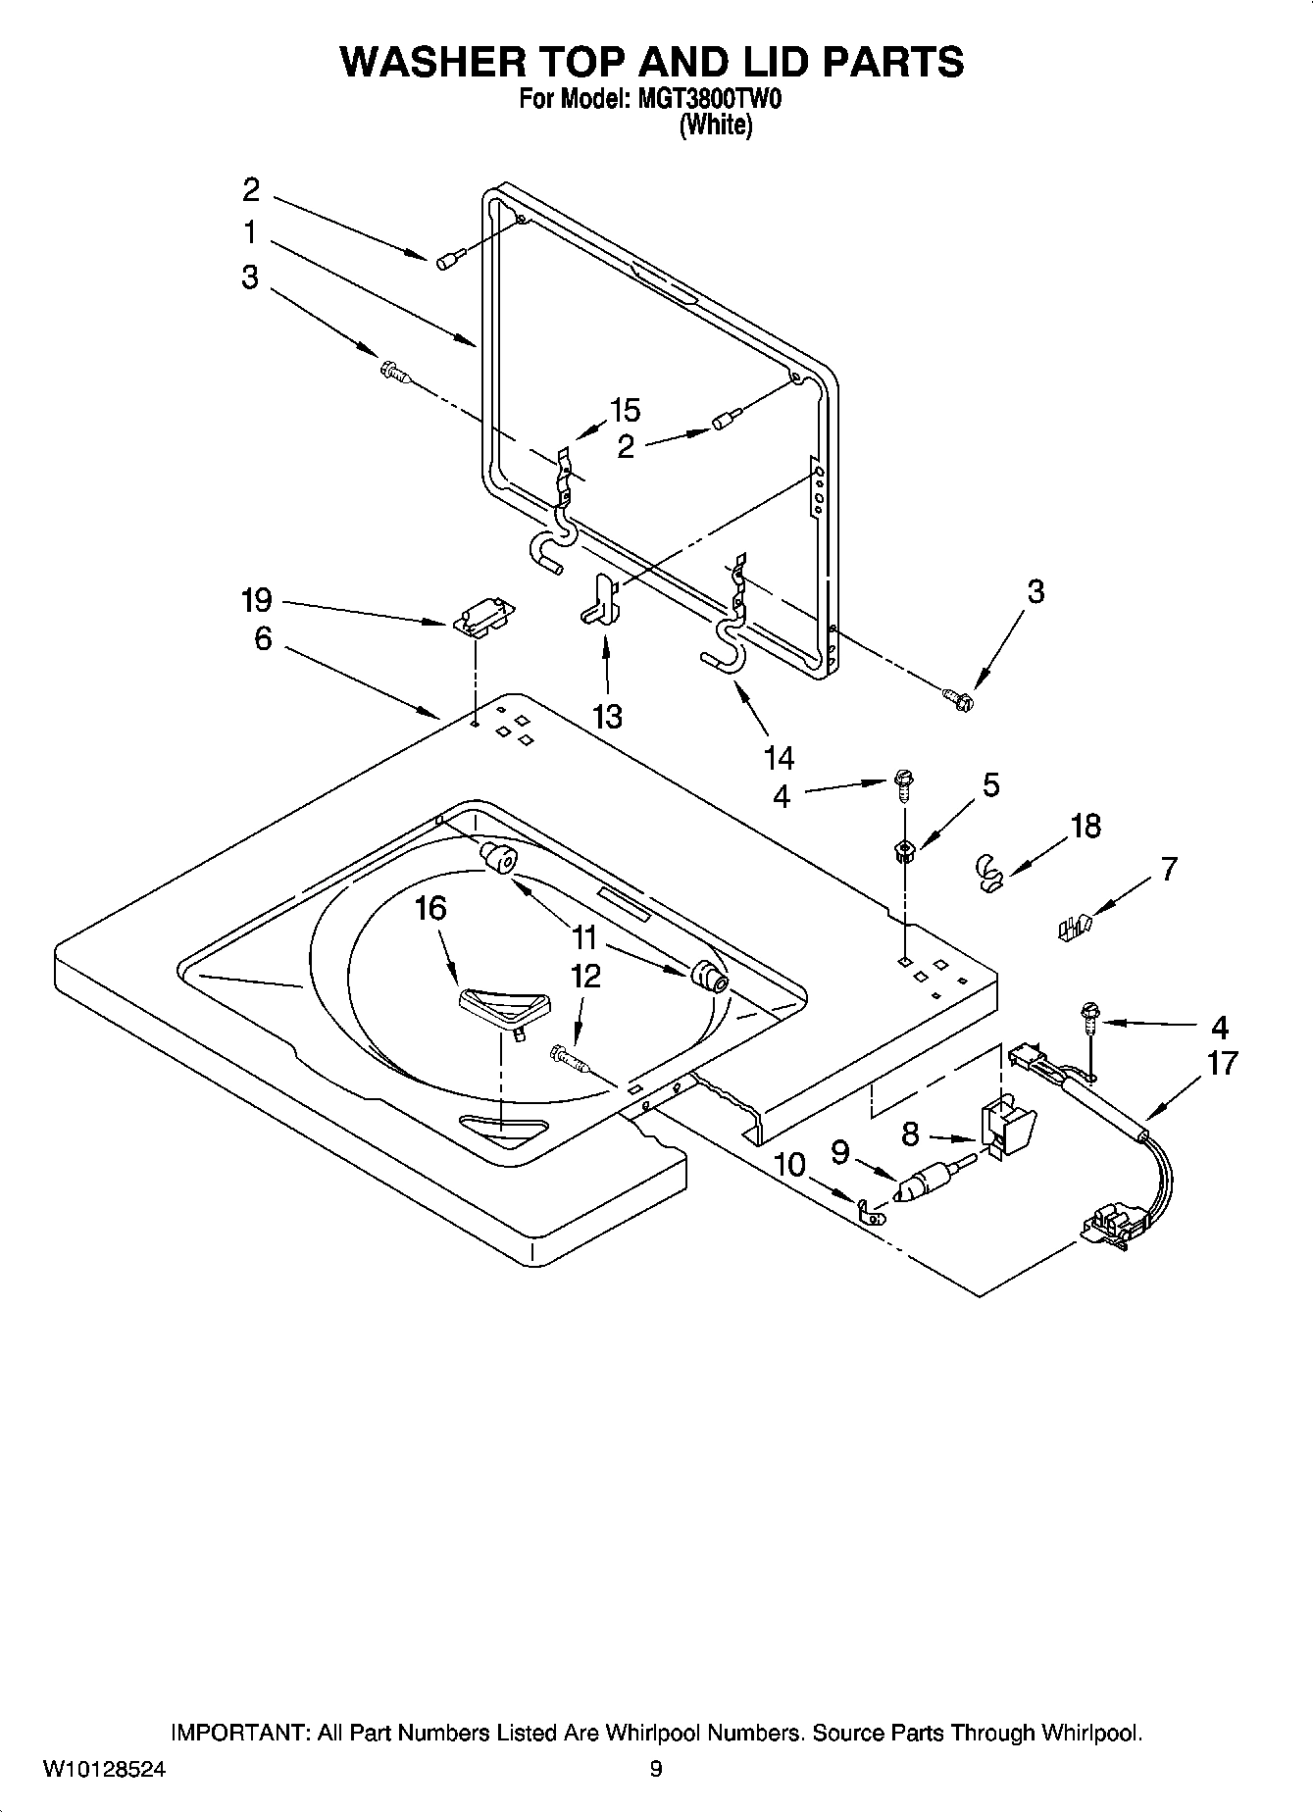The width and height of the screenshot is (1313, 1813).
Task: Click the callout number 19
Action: tap(256, 600)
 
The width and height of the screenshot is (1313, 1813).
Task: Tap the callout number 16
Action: tap(430, 909)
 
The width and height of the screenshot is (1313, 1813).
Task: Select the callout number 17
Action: tap(1222, 1063)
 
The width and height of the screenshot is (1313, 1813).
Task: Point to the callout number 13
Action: tap(607, 717)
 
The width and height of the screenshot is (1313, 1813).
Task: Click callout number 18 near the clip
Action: tap(1086, 827)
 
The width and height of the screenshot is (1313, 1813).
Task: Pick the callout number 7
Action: tap(1169, 869)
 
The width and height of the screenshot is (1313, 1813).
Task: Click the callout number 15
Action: tap(625, 410)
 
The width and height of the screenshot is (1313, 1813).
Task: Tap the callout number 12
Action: tap(585, 977)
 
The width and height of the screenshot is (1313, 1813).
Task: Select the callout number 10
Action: tap(789, 1165)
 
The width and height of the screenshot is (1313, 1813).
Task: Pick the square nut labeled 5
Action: tap(904, 850)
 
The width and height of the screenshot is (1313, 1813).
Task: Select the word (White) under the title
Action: tap(716, 126)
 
